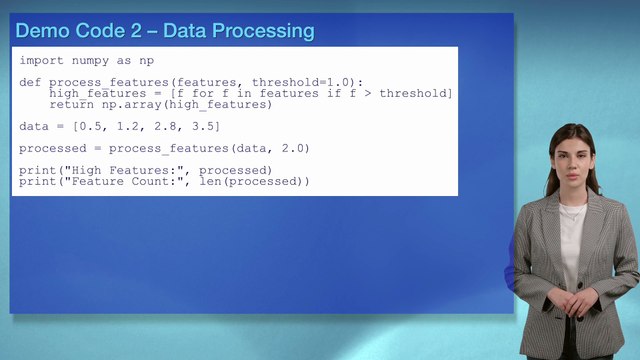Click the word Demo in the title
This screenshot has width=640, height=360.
41,31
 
